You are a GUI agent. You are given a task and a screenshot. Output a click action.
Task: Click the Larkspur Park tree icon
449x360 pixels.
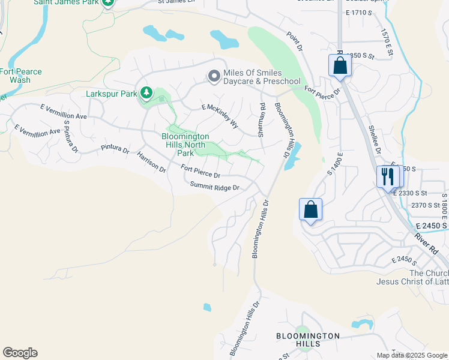tap(146, 92)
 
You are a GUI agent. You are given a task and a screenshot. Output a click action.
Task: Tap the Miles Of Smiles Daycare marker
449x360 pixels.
tap(214, 76)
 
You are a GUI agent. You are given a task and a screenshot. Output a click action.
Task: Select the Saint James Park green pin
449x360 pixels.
tap(108, 2)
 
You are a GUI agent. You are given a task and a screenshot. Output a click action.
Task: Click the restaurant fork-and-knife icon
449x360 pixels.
tap(388, 176)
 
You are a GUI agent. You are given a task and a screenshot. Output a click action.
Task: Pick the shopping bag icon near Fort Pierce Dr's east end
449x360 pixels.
tap(340, 65)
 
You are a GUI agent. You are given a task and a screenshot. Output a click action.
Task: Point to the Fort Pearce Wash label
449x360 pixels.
tap(20, 76)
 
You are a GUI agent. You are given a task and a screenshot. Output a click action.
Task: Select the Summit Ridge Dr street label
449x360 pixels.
tap(215, 187)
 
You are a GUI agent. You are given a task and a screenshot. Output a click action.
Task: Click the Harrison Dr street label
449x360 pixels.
tap(151, 161)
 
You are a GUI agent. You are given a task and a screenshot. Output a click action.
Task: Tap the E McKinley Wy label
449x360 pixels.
tap(220, 116)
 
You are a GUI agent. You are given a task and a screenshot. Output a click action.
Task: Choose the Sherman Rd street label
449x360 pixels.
tap(262, 120)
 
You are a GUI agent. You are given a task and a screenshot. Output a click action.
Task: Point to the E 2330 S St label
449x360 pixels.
tap(409, 193)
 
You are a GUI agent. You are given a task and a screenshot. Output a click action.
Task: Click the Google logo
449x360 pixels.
tap(20, 353)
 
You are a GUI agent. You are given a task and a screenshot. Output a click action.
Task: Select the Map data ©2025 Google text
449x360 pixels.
tap(411, 355)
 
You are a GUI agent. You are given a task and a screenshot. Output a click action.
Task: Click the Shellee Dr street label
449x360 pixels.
tap(375, 139)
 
